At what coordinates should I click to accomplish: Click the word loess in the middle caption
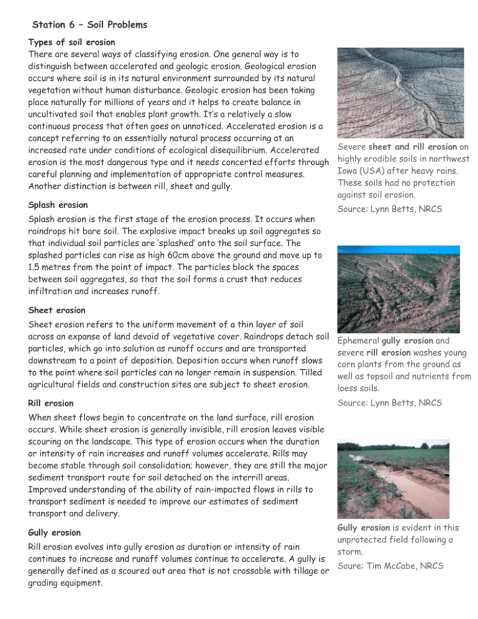pos(349,389)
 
